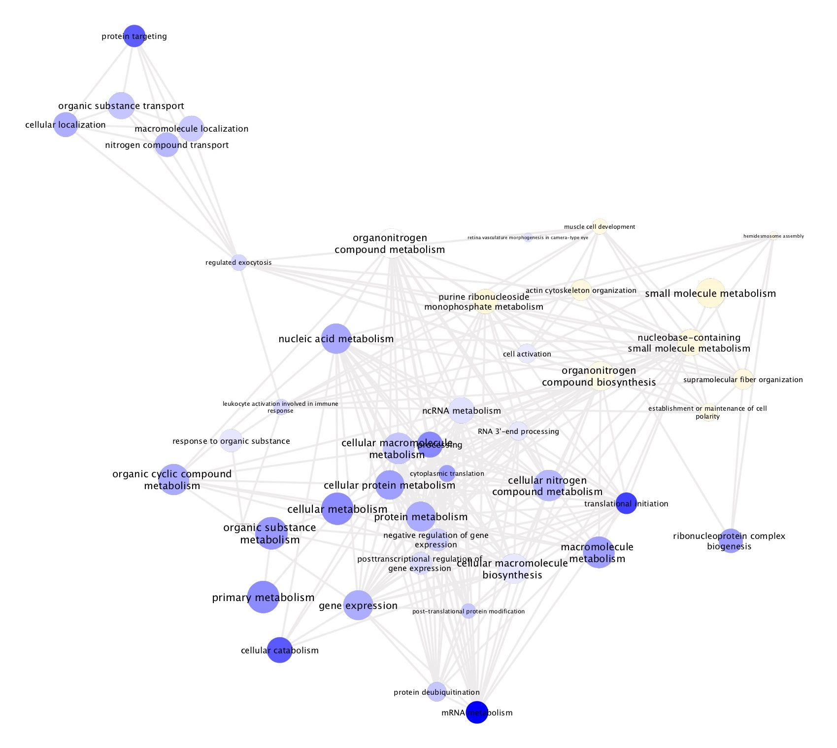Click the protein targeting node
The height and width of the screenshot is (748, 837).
[x=134, y=36]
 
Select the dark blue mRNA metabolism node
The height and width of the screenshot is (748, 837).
[x=477, y=712]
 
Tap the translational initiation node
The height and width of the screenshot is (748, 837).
[x=626, y=503]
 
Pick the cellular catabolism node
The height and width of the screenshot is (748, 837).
[x=280, y=650]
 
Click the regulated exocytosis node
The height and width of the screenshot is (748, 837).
[x=239, y=262]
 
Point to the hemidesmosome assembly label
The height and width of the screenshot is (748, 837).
[x=773, y=236]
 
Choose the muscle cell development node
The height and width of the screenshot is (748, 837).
[x=599, y=226]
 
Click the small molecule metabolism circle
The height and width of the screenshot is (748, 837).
[x=710, y=293]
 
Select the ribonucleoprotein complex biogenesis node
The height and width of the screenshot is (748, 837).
[x=731, y=541]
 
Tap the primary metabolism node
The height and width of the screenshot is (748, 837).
[x=263, y=597]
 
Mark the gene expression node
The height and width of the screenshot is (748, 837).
[x=358, y=605]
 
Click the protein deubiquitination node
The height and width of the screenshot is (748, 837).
[x=436, y=692]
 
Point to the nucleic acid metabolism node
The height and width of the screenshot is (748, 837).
[x=336, y=339]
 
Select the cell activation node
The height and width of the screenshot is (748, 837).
[x=527, y=354]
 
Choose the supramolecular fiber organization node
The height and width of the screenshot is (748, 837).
[x=743, y=379]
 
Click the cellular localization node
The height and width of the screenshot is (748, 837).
[x=66, y=125]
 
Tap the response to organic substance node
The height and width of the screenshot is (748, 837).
[x=231, y=441]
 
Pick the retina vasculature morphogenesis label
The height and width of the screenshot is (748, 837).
[x=528, y=238]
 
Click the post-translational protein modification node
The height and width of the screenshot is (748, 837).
[x=469, y=611]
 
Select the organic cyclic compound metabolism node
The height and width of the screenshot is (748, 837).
[x=173, y=479]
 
